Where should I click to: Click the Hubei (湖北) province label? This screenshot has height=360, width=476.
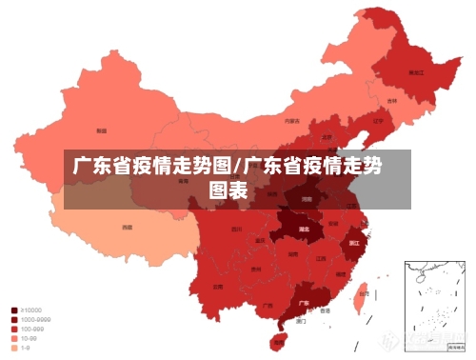click(305, 230)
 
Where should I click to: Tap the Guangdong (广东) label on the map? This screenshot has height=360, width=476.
click(304, 302)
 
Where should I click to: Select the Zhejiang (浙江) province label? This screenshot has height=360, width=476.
click(354, 243)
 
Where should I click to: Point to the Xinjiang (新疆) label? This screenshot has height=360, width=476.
click(101, 130)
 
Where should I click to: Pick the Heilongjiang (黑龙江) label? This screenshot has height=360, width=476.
click(415, 71)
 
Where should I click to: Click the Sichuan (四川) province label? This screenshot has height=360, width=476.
click(236, 230)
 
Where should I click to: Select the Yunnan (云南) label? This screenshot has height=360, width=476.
click(218, 286)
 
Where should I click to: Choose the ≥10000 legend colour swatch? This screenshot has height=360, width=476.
click(13, 310)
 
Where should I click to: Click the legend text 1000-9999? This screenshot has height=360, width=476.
click(36, 320)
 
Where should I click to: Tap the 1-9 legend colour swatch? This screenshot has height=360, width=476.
click(13, 349)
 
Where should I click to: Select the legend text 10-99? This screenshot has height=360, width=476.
click(30, 339)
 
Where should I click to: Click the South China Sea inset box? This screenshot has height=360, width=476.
click(432, 300)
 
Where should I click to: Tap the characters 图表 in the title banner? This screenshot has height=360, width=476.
click(228, 190)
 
